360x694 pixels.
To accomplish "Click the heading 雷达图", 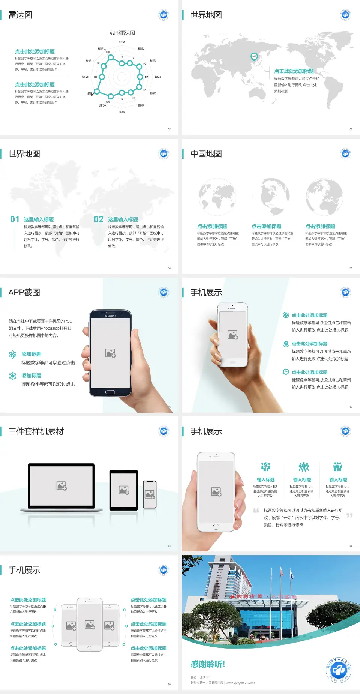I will (x=20, y=15).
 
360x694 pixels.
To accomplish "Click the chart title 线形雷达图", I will (x=122, y=33).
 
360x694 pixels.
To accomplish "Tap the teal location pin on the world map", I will (x=254, y=57).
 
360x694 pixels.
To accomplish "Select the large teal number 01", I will (x=15, y=219).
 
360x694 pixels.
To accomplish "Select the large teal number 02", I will (x=99, y=219).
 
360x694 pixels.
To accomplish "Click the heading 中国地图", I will (x=206, y=154).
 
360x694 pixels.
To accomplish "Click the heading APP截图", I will (x=24, y=293).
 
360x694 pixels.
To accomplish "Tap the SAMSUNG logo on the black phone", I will (x=110, y=316).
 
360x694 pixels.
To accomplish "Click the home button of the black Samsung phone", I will (x=110, y=392).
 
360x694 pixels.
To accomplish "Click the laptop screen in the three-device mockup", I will (x=61, y=486).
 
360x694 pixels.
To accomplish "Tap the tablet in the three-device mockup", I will (x=124, y=490).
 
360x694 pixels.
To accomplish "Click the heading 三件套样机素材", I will (x=36, y=431).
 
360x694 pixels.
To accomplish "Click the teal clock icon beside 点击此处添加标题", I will (x=286, y=372).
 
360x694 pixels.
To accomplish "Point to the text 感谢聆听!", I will (x=208, y=664).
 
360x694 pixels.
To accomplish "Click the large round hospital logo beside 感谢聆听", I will (x=338, y=670).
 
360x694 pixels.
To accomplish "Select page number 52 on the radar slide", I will (x=169, y=129).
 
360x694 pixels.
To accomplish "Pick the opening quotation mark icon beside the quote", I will (x=256, y=511).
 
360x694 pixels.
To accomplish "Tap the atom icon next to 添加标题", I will (x=13, y=355).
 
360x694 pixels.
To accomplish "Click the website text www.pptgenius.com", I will (x=240, y=683).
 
